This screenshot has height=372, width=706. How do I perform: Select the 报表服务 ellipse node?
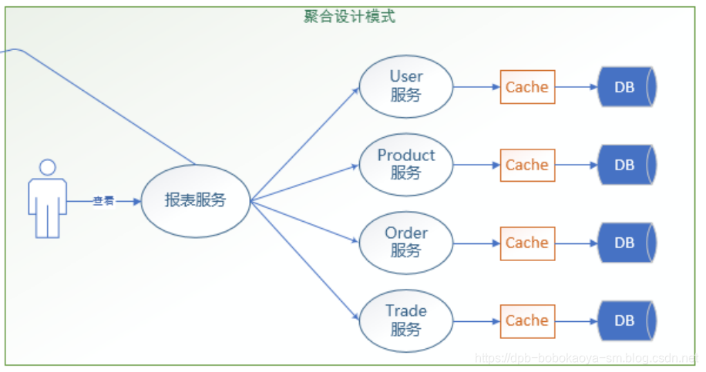tap(196, 201)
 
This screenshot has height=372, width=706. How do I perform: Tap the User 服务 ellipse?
tap(405, 86)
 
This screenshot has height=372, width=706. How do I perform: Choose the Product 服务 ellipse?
tap(405, 164)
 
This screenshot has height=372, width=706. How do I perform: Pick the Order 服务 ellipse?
tap(405, 242)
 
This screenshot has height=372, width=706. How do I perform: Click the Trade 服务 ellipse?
tap(405, 320)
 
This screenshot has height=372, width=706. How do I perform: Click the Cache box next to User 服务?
tap(527, 87)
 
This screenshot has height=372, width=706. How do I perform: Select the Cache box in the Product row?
tap(527, 165)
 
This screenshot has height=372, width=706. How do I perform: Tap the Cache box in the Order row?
tap(527, 243)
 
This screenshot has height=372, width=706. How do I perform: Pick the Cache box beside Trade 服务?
tap(527, 320)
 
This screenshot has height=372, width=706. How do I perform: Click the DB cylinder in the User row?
tap(626, 87)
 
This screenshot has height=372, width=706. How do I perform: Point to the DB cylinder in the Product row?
tap(626, 165)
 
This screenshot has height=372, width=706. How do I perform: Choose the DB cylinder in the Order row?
tap(626, 243)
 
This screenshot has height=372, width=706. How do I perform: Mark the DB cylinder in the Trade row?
tap(626, 320)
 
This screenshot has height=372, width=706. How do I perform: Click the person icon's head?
tap(48, 167)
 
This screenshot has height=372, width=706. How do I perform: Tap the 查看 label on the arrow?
tap(103, 201)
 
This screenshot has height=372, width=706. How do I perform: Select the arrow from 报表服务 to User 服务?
tap(305, 144)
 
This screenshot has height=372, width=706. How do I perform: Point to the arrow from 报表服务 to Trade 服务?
tap(305, 260)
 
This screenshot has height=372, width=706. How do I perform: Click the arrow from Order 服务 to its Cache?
tap(476, 243)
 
